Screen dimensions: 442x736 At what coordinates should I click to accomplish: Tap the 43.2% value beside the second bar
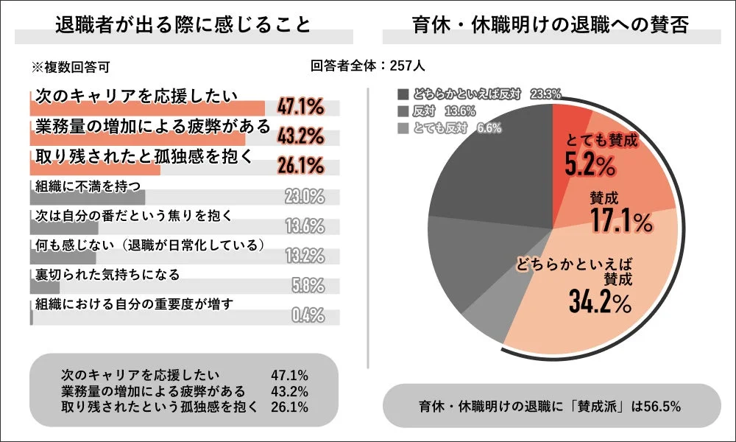click(x=300, y=137)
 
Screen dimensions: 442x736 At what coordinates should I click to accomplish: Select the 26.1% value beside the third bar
click(x=300, y=166)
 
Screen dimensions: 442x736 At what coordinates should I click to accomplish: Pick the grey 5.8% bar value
click(x=306, y=285)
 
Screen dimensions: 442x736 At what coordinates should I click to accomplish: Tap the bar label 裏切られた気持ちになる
click(x=107, y=275)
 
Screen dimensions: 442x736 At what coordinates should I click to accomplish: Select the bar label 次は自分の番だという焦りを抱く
click(x=135, y=216)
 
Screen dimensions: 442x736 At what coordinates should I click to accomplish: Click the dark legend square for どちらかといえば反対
click(x=402, y=94)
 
